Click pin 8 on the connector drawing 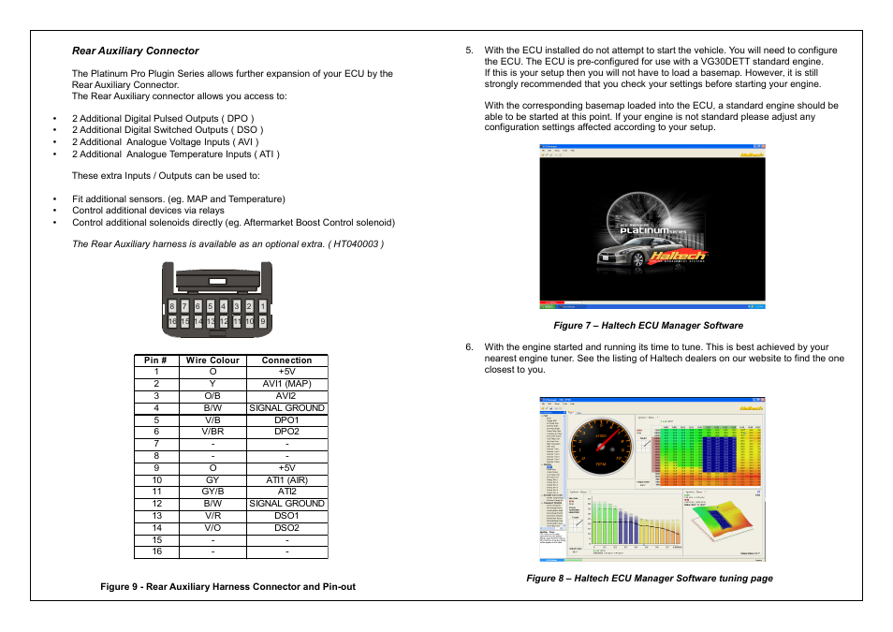[172, 306]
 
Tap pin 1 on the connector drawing [263, 306]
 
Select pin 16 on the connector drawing [172, 321]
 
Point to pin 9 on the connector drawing [263, 321]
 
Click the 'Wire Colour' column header [212, 360]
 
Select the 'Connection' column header [286, 360]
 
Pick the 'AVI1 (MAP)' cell [286, 384]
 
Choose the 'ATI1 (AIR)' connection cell [286, 479]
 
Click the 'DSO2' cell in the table [286, 528]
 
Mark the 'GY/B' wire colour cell [212, 492]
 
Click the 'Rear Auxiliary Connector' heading [136, 51]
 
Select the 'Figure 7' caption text [648, 326]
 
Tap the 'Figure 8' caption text [649, 579]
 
